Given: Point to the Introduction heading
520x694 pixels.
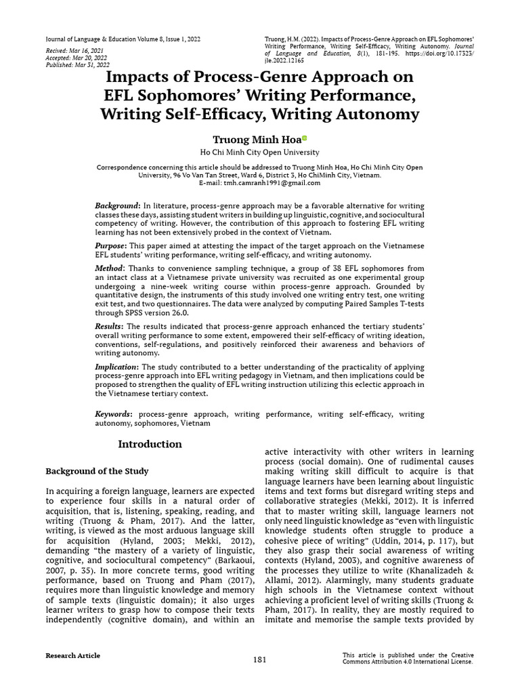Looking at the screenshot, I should pyautogui.click(x=150, y=444).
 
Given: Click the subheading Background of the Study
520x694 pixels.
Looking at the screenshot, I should pyautogui.click(x=97, y=470).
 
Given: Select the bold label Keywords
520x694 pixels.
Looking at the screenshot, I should pyautogui.click(x=113, y=413).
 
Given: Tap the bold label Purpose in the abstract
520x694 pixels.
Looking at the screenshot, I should pyautogui.click(x=110, y=245).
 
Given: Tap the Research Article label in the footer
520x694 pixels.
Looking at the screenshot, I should pyautogui.click(x=72, y=655).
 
